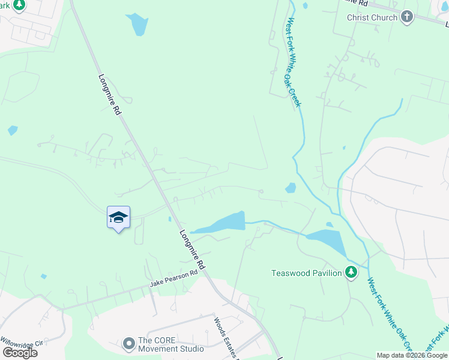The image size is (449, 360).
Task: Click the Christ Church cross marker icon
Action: (x=408, y=17)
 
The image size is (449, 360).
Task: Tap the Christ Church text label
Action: (x=372, y=17)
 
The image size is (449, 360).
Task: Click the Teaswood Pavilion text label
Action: (x=306, y=274)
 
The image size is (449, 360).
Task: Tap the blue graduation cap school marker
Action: (x=118, y=217)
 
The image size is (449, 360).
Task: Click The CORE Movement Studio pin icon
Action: (x=128, y=344)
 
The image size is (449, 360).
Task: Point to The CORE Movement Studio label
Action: (x=171, y=344)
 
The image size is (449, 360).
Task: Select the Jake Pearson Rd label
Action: (x=173, y=278)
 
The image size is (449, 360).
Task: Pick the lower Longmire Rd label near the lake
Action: (x=193, y=248)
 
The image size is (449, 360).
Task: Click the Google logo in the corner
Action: (x=19, y=352)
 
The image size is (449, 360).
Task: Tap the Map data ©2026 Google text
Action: (x=412, y=355)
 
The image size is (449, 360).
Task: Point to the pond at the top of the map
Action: (x=137, y=25)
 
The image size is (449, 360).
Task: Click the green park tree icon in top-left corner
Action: (x=19, y=4)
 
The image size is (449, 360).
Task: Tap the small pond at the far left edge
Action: (x=13, y=130)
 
